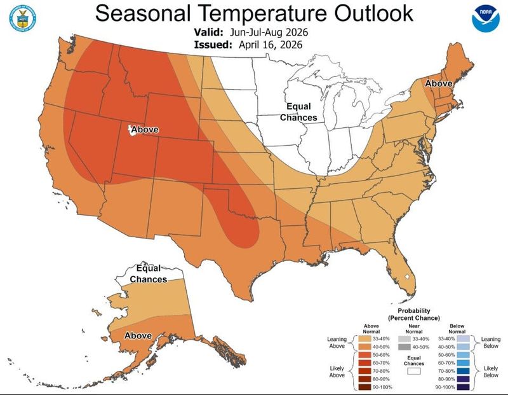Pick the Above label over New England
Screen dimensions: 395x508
438,84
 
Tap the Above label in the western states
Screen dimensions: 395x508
145,130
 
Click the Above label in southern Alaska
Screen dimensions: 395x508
138,335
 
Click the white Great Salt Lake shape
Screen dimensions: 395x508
132,130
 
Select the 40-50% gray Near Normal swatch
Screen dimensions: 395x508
404,347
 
